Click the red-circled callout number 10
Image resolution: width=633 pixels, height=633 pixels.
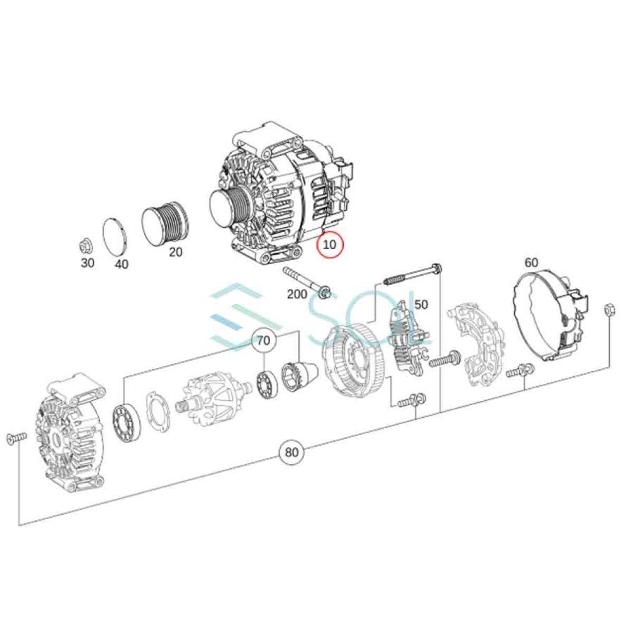point(329,244)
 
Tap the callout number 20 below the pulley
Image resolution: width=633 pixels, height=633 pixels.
point(175,252)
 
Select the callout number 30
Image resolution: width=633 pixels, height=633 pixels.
point(88,263)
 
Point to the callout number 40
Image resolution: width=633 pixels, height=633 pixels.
point(121,264)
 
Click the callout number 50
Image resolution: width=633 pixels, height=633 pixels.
point(421,305)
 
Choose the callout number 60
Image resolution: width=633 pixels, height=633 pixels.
point(531,262)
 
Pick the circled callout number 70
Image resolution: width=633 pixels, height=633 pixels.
point(263,341)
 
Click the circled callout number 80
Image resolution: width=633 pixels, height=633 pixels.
point(291,452)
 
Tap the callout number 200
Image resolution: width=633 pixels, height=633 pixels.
point(297,294)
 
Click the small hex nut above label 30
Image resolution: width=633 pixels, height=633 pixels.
point(86,246)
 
